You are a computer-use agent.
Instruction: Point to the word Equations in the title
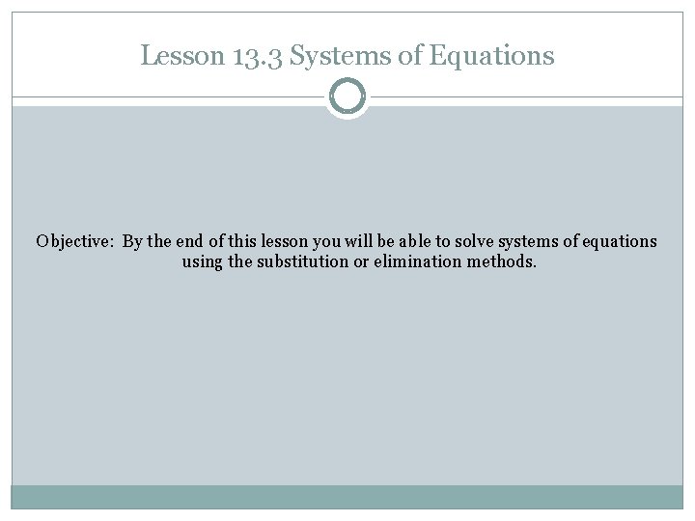pos(492,56)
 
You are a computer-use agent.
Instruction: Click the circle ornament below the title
pos(347,97)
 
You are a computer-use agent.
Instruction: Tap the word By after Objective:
pos(134,241)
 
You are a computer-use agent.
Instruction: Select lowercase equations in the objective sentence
pos(622,241)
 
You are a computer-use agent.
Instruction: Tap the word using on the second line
pos(202,261)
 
